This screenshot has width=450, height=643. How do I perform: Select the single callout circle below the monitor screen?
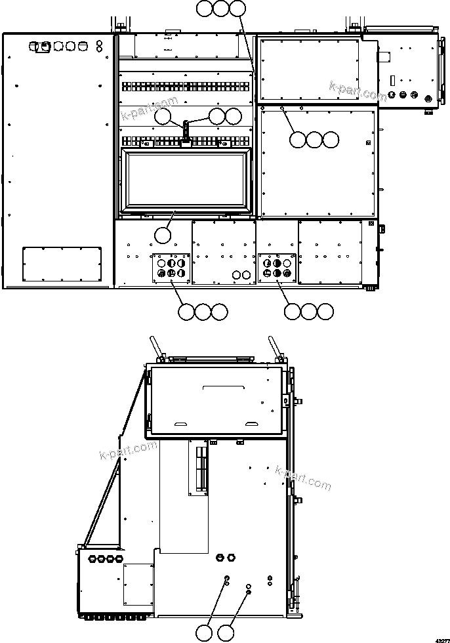pos(162,234)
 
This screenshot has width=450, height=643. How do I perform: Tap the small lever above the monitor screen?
pos(186,129)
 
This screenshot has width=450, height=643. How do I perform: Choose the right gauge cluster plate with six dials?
pos(277,268)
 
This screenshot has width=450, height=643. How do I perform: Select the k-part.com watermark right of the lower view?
pos(303,478)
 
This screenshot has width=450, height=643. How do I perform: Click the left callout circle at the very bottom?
pos(205,633)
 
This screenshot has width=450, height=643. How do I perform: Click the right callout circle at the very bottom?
pos(226,633)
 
